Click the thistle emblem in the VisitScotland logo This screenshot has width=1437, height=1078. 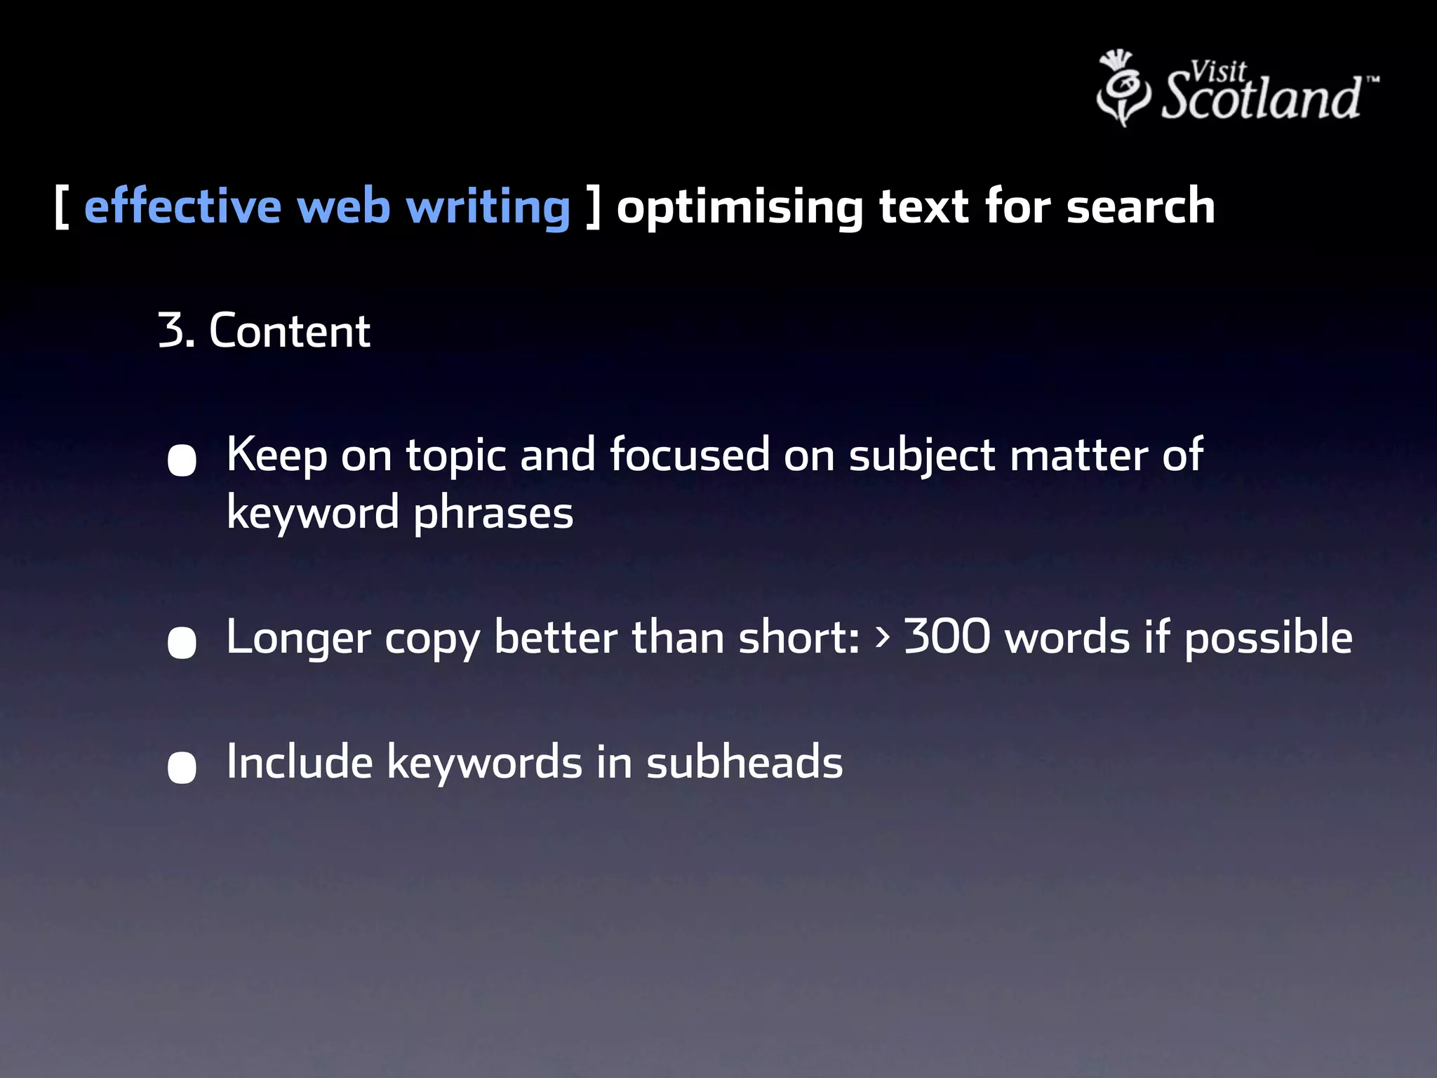pos(1123,88)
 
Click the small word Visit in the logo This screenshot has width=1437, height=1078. pos(1218,71)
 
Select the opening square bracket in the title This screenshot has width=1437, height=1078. pos(61,207)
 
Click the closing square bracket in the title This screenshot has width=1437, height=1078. pos(594,207)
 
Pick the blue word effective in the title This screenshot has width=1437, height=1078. pos(182,206)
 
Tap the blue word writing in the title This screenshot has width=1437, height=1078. pos(488,208)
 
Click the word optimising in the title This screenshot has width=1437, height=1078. pos(740,208)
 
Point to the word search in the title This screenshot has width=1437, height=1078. pos(1140,206)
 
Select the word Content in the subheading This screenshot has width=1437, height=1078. pos(289,331)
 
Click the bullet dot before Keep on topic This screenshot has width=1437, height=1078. pos(182,460)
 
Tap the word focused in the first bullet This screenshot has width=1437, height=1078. pos(689,455)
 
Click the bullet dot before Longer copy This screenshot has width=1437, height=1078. pos(182,643)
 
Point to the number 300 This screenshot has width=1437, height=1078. pos(947,637)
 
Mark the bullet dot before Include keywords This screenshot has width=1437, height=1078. pos(182,767)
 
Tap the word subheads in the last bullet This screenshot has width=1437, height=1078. pos(744,762)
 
